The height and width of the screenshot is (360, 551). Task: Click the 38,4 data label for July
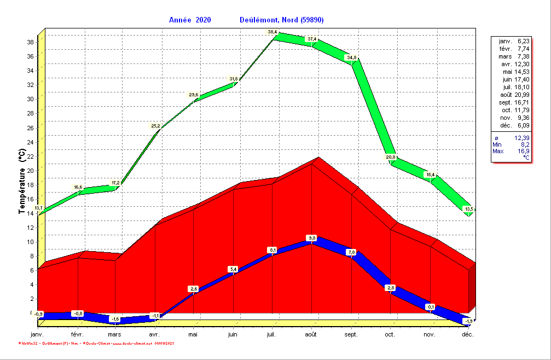272,32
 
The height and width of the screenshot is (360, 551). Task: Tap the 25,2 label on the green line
156,126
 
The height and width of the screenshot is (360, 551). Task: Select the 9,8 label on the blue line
312,238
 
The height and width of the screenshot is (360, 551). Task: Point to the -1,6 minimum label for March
115,319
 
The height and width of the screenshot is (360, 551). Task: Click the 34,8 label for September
351,57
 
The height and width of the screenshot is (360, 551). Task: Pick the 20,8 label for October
391,158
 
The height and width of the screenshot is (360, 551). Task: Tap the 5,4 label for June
233,269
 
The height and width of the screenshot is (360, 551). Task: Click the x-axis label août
311,334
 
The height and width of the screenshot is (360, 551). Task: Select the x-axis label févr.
77,334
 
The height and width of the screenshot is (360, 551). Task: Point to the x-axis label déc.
467,334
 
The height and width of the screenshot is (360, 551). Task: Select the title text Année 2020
190,20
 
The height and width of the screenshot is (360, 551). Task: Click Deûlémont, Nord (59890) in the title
282,20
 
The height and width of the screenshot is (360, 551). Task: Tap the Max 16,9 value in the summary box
512,151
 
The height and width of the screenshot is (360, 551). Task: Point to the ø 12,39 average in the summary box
512,138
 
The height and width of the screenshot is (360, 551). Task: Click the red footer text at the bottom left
96,343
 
